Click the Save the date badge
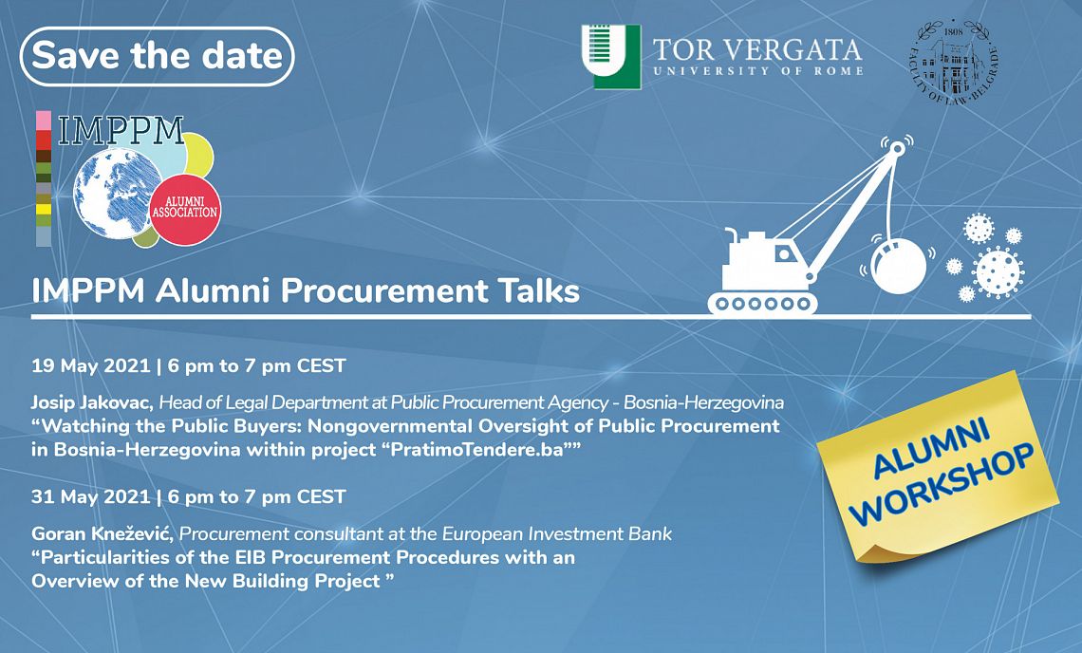[158, 56]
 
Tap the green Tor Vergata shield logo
[611, 57]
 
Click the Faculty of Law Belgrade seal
[954, 62]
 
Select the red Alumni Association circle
[185, 209]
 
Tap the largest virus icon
[997, 272]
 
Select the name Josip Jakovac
[93, 401]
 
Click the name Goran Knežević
[103, 533]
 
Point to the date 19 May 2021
[90, 365]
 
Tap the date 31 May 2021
[90, 496]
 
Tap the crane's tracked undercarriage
[762, 303]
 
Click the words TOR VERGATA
[757, 49]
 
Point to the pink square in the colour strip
[44, 121]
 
